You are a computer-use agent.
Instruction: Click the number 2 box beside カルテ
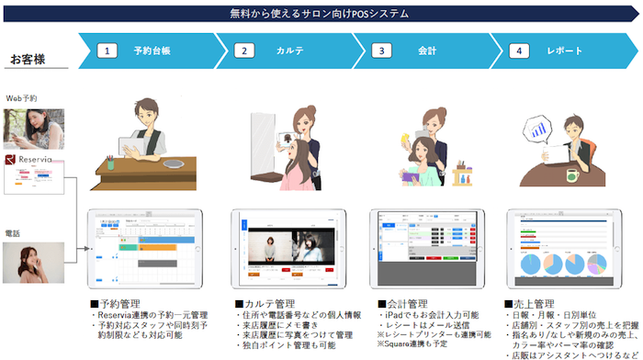245,51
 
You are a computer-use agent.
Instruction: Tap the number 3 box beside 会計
382,51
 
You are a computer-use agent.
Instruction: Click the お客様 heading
28,60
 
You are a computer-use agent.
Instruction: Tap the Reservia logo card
32,172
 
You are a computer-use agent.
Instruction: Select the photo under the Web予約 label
33,129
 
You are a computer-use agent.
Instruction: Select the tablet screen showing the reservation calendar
145,250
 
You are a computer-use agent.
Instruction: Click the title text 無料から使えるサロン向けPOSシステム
321,13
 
